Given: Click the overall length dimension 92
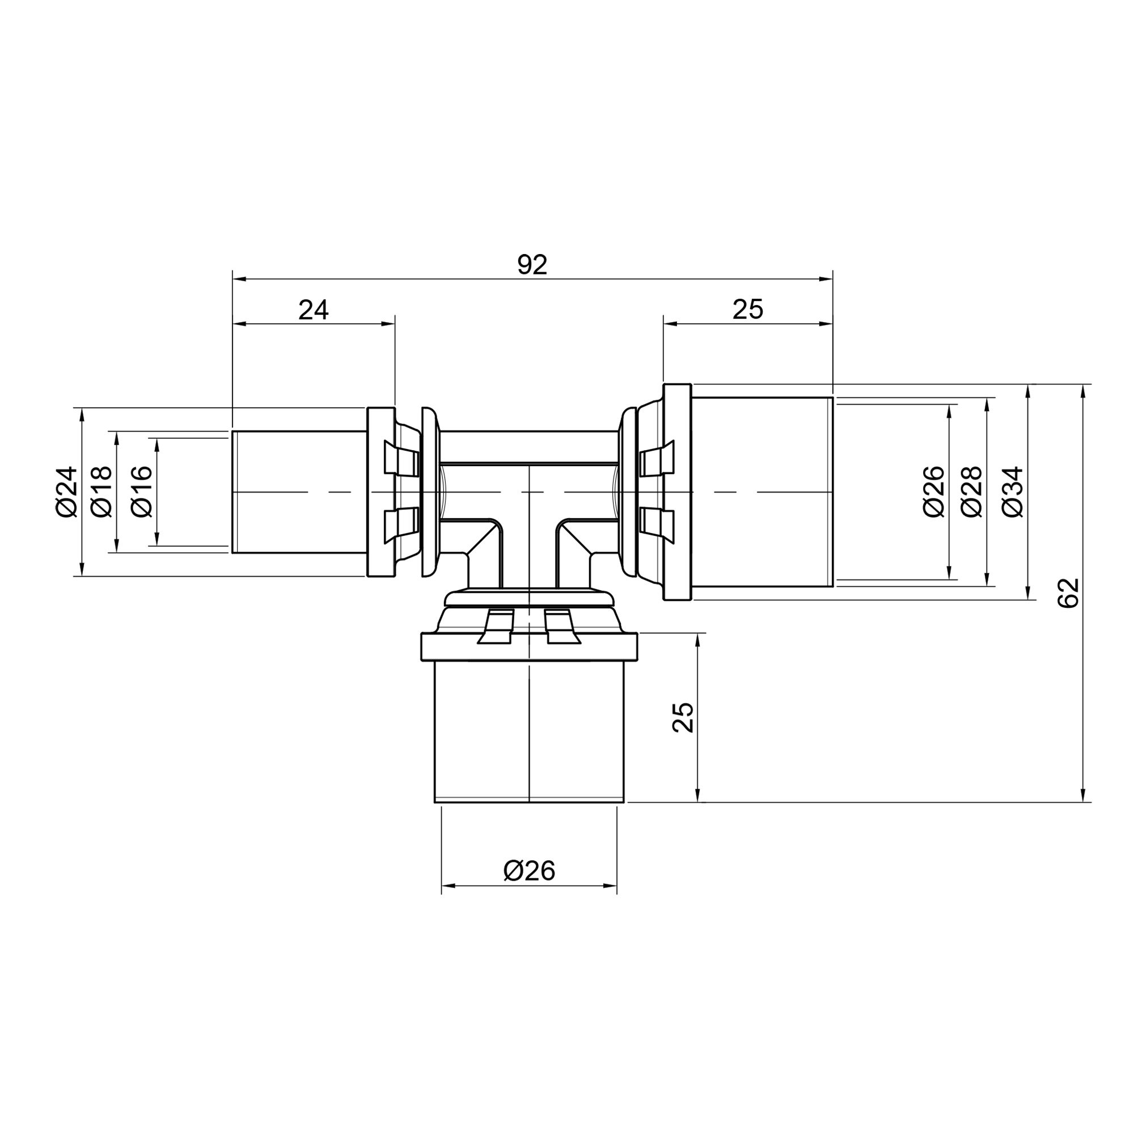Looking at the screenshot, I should click(x=532, y=265).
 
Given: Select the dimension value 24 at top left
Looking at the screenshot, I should click(x=314, y=310).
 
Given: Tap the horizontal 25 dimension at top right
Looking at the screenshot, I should click(x=748, y=310).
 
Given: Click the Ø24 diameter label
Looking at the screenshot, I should click(x=67, y=492).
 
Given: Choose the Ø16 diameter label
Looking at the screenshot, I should click(x=142, y=492).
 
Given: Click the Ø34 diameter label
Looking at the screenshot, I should click(x=1013, y=492).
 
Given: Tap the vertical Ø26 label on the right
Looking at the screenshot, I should click(x=934, y=492).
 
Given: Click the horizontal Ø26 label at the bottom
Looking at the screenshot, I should click(x=529, y=871).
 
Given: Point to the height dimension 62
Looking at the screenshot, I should click(x=1069, y=593).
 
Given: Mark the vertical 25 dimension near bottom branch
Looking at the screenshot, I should click(x=683, y=717).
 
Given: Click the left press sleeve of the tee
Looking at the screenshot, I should click(x=299, y=492).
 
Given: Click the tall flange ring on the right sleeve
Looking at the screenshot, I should click(x=678, y=492).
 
